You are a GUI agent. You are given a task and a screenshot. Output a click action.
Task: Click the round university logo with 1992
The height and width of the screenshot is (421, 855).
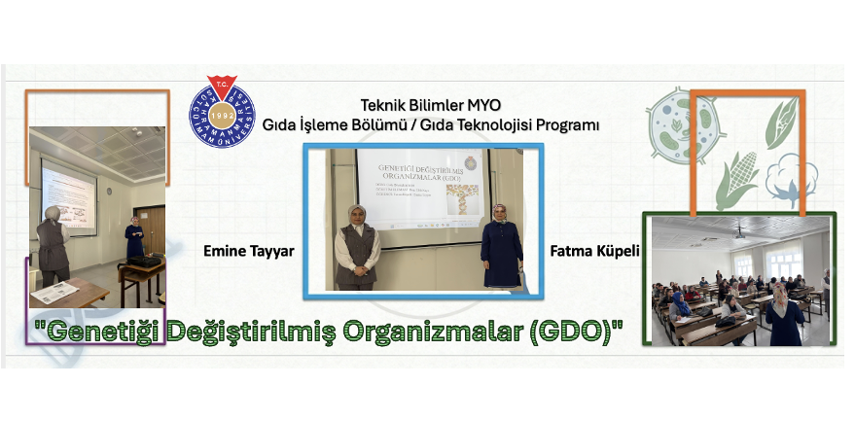(222, 112)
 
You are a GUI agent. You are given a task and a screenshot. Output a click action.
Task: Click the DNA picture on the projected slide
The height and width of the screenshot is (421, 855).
(463, 200)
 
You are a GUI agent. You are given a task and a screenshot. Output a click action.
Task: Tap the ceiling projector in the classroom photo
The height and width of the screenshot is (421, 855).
(740, 234)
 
